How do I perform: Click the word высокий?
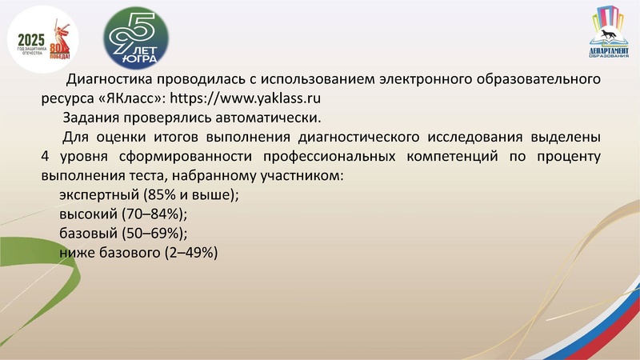(x=87, y=214)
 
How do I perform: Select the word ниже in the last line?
(x=77, y=252)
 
